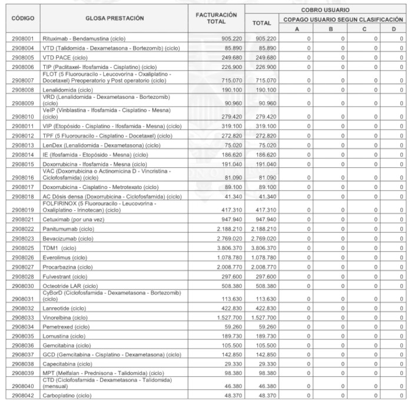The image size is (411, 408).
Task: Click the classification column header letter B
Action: [x=331, y=28]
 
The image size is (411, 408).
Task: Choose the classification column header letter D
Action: [x=393, y=28]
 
